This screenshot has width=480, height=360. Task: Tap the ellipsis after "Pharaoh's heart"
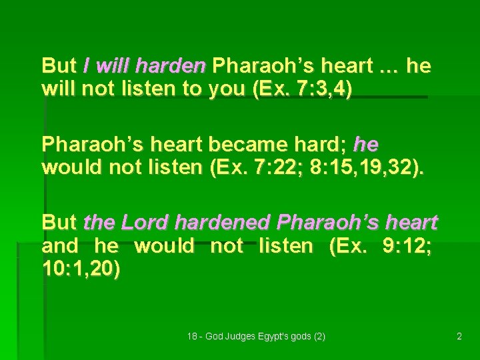click(x=386, y=66)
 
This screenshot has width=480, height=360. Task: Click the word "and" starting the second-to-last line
click(x=60, y=246)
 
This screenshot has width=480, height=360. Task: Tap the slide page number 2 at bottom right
click(x=459, y=337)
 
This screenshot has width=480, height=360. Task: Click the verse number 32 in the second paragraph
click(x=403, y=167)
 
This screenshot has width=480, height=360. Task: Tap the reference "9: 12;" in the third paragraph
click(x=407, y=246)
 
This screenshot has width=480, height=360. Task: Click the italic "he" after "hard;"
click(x=366, y=144)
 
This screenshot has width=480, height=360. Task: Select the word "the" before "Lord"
click(x=97, y=222)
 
